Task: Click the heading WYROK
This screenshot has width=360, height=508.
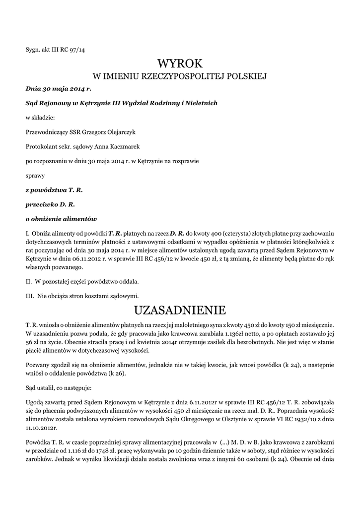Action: [180, 63]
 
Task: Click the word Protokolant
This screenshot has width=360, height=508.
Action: [40, 147]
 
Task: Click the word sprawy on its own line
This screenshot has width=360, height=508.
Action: [35, 175]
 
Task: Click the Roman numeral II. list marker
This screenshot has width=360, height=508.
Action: [29, 282]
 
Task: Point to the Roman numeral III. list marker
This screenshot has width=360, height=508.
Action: [30, 296]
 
